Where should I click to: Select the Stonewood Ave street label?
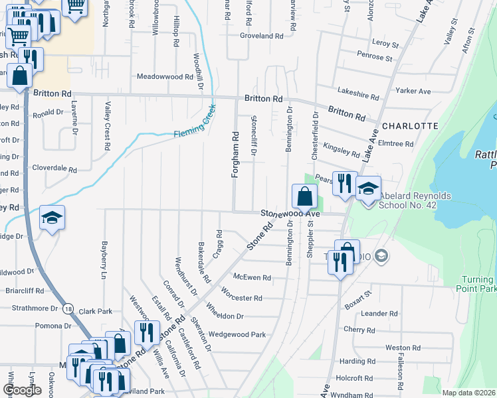tap(290, 214)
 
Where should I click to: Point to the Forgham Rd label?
tap(235, 154)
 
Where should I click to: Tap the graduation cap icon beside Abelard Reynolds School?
tap(368, 188)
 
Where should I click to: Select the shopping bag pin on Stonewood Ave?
tap(304, 196)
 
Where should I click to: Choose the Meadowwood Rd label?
tap(164, 77)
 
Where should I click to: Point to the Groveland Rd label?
tap(262, 36)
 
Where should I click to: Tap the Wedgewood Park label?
tap(237, 334)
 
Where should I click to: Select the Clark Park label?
tap(96, 310)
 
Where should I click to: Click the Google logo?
tap(22, 390)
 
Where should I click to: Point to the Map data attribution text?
tap(469, 393)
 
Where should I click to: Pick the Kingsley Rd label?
tap(341, 150)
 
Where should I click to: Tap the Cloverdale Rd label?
tap(54, 169)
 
